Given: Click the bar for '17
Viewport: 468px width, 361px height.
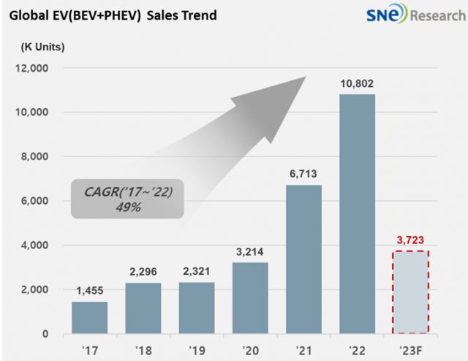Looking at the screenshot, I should [89, 318].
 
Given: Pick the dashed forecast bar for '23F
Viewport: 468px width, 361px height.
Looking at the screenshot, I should [411, 292].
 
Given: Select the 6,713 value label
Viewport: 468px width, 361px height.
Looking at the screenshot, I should [304, 175].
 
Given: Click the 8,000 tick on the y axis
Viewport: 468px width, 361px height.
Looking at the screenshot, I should [35, 156].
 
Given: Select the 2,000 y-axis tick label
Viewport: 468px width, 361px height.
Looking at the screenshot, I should [35, 289].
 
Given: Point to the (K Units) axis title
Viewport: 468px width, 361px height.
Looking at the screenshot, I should [42, 47].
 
